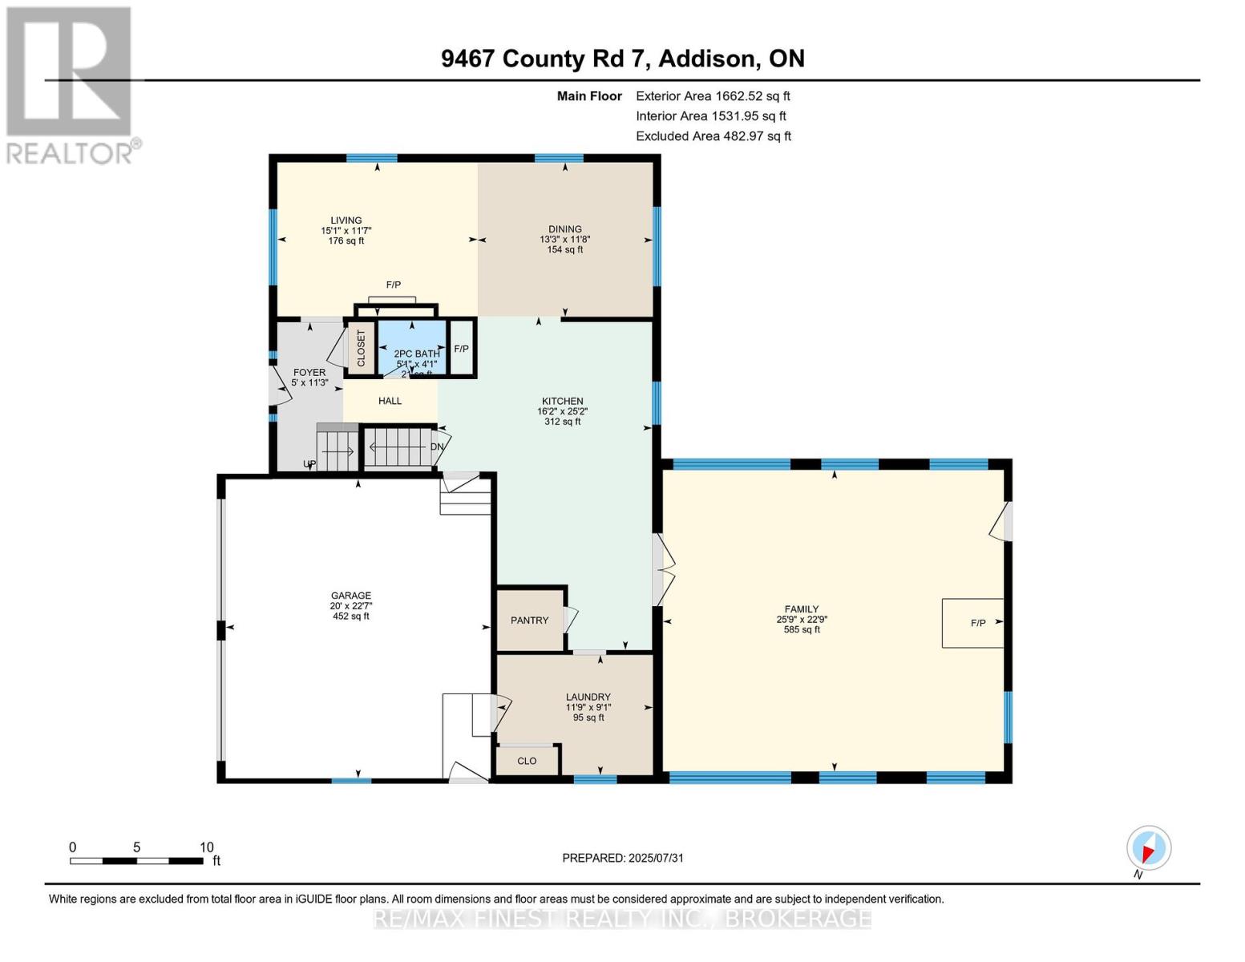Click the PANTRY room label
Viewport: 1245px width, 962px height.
point(530,620)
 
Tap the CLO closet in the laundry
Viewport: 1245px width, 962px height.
point(527,761)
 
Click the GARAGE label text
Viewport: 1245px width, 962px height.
point(351,596)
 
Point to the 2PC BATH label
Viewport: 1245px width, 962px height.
point(417,354)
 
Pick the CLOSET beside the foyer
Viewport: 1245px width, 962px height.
point(361,349)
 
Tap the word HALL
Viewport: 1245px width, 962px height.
point(390,401)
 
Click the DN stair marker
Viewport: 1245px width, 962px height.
point(438,447)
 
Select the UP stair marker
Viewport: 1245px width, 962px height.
point(309,464)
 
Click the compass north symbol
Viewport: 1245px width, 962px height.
point(1149,848)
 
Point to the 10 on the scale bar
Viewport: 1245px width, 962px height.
point(207,847)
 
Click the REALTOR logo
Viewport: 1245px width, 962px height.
point(71,84)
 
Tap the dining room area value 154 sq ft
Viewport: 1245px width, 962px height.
point(565,250)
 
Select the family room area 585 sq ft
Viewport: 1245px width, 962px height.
point(802,630)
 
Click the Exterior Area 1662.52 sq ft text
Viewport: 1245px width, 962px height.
point(713,96)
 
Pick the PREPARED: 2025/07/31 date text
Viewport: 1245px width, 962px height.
point(623,858)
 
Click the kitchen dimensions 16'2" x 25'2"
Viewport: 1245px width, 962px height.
point(562,411)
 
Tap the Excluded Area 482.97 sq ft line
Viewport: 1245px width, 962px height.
point(713,136)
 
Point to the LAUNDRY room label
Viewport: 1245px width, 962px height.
point(588,697)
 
